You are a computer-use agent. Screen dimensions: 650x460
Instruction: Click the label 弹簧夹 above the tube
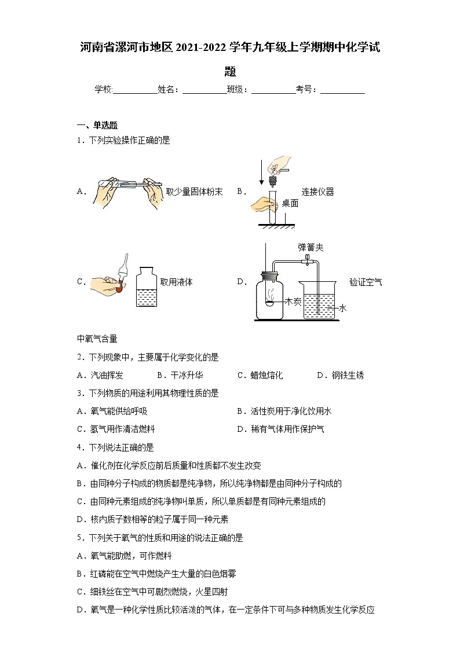(311, 247)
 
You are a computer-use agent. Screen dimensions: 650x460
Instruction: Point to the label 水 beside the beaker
(342, 309)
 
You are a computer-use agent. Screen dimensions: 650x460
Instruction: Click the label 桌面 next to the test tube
(290, 203)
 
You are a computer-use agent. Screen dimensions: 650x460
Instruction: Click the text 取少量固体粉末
(194, 192)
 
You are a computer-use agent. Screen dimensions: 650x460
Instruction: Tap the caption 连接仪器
(317, 192)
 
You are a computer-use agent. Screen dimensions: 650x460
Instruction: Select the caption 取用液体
(176, 282)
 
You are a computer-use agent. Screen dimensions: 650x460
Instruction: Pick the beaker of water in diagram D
(319, 300)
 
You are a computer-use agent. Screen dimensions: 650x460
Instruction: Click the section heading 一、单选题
(97, 125)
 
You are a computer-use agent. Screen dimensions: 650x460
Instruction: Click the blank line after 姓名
(204, 90)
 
